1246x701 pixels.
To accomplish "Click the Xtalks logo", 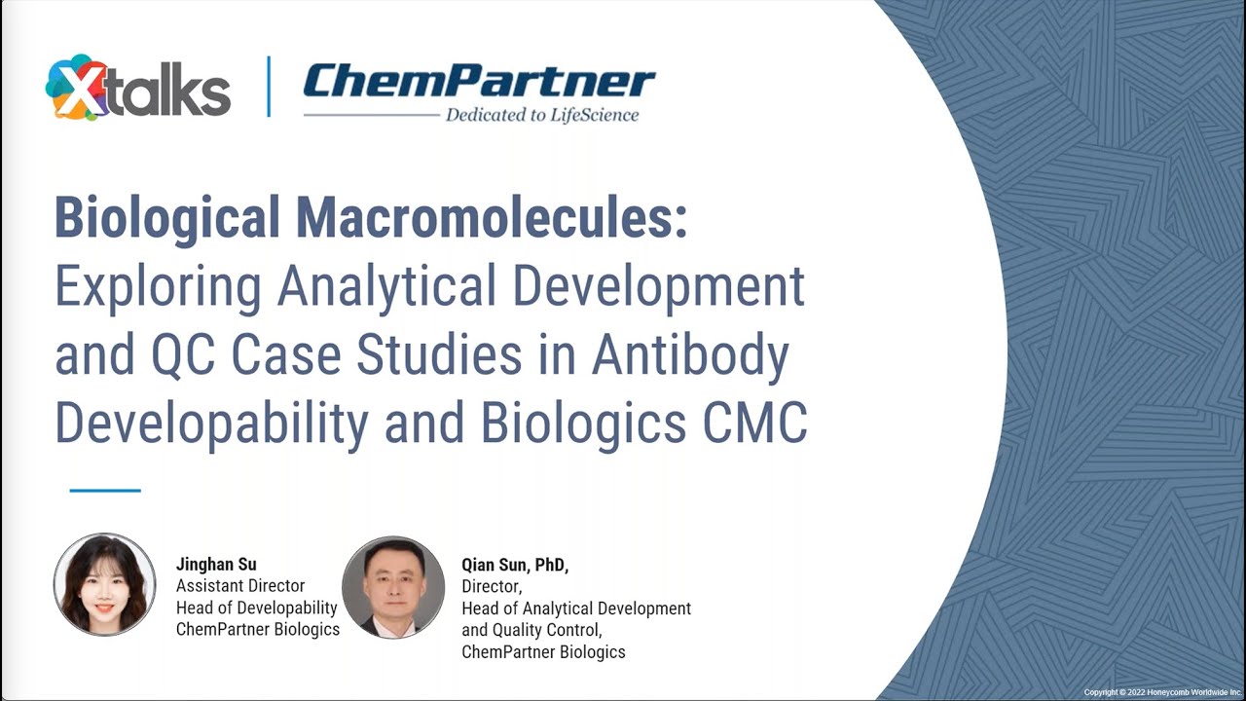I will coord(137,89).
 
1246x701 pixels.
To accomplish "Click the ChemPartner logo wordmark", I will coord(479,82).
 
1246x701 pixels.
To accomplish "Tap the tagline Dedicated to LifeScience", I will coord(542,115).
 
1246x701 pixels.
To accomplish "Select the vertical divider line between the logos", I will coord(269,88).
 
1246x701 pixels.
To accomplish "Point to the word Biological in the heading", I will coord(167,217).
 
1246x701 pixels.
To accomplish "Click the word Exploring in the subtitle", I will coord(158,286).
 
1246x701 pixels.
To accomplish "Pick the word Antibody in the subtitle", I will coord(690,354).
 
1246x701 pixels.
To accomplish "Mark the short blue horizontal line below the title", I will coord(105,490).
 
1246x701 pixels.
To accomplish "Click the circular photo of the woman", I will coord(104,584).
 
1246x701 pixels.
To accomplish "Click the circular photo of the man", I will coord(393,587).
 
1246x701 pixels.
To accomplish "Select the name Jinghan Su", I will coord(216,564).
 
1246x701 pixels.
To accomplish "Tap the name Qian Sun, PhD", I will coord(515,565).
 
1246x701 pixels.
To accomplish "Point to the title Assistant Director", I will coord(240,586).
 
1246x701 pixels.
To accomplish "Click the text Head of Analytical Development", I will coord(576,609).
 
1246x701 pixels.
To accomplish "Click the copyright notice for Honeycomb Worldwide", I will coord(1162,691).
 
